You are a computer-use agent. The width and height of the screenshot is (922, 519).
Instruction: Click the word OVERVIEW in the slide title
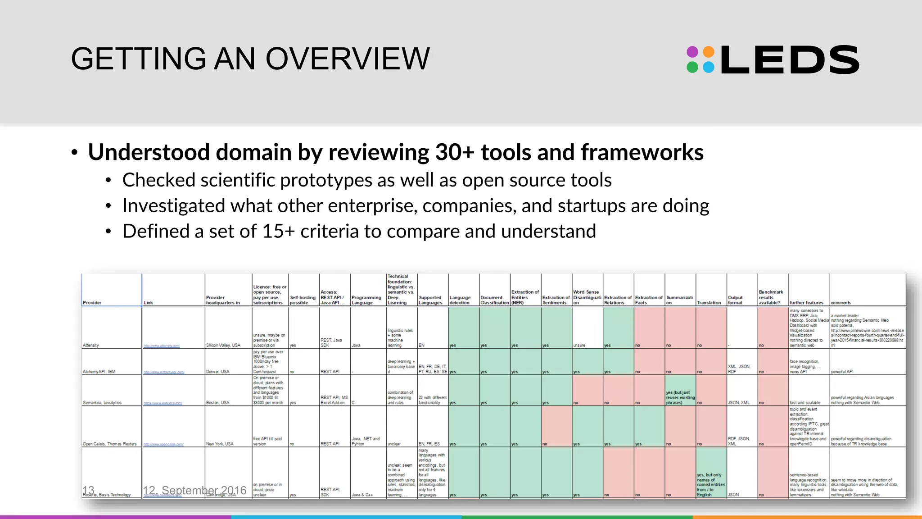[348, 59]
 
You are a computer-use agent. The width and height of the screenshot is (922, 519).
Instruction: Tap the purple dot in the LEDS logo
[692, 52]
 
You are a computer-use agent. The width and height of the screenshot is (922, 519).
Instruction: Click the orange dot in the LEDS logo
[709, 52]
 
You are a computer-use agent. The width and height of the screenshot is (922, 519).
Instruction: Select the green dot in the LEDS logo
[692, 68]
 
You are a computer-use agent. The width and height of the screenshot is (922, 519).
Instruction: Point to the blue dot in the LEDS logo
[709, 68]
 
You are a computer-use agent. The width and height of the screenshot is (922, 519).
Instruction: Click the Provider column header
[92, 303]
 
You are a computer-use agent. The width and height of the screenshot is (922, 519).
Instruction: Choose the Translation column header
[709, 303]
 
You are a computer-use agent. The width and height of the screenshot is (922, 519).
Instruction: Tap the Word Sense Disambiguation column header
[587, 297]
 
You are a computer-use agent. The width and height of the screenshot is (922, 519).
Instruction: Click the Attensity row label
[91, 346]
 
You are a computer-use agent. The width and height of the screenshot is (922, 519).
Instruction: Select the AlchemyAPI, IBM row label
[99, 372]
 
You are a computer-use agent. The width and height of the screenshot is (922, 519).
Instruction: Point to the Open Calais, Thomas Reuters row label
[109, 444]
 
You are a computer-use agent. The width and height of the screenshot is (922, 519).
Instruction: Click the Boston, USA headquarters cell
[217, 403]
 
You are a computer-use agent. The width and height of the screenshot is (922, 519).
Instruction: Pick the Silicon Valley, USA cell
[223, 346]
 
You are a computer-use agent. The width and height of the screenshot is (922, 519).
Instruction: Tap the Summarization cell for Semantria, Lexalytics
[680, 397]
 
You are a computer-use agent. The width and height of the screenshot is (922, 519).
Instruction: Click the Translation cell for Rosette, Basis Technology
[711, 485]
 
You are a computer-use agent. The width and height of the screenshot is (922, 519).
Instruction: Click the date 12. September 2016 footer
[194, 490]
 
